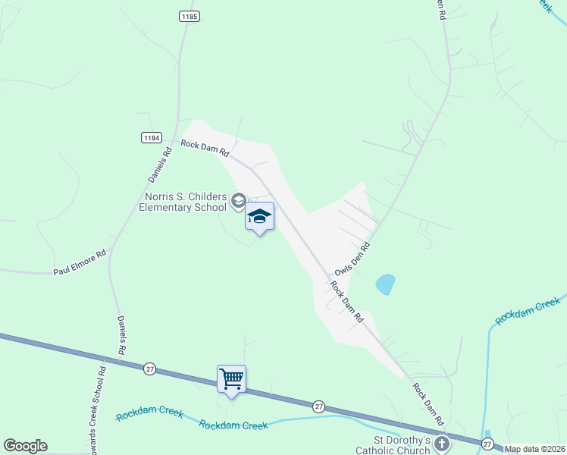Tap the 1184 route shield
152,137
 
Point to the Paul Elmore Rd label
80,262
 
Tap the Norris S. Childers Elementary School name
182,202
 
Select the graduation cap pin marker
259,217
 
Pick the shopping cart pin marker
231,378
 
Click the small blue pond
385,284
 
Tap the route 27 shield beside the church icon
487,441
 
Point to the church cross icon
442,443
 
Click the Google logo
25,446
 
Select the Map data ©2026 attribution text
535,449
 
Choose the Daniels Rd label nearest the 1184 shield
161,162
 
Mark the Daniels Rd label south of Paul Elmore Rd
121,335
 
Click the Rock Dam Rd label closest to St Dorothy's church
428,403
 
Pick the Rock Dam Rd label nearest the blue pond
347,303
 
